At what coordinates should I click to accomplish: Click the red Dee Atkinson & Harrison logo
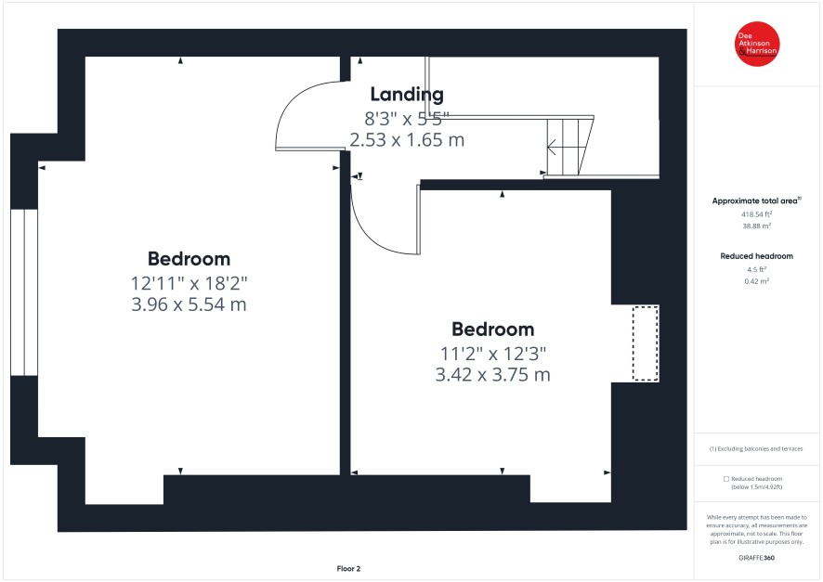757,44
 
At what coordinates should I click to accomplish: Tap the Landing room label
407,95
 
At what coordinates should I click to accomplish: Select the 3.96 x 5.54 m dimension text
189,304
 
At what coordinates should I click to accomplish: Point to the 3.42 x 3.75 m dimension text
493,375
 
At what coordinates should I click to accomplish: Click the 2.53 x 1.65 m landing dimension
407,140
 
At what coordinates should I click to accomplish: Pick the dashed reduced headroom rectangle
645,343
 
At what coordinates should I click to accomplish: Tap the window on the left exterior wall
24,292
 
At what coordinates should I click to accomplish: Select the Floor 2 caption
348,568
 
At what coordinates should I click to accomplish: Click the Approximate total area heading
756,200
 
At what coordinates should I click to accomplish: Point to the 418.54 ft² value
756,213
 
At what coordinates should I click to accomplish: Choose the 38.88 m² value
756,226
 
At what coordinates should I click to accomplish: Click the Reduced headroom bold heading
756,256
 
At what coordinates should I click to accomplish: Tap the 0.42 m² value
756,281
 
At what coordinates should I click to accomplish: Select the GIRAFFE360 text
756,558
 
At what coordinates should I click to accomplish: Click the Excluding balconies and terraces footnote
756,449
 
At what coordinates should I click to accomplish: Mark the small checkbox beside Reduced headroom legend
726,479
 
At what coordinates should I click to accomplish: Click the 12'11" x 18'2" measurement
189,283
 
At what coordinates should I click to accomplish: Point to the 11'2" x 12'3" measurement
493,354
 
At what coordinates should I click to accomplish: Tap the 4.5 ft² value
756,269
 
